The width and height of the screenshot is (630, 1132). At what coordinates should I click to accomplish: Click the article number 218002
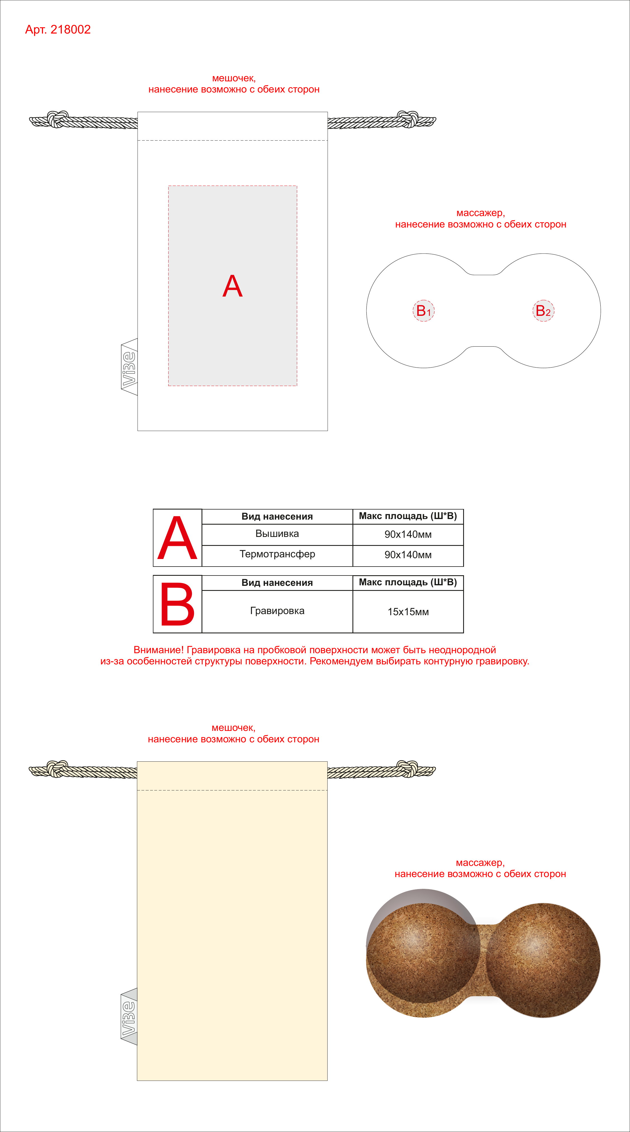(x=70, y=29)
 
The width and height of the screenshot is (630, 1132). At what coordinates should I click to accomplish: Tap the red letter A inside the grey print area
(x=232, y=286)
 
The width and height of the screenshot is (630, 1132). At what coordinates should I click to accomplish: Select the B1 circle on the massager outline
(x=423, y=311)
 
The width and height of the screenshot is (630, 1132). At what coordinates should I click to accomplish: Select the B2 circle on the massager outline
(x=543, y=311)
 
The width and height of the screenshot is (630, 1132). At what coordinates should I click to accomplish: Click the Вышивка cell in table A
(x=277, y=534)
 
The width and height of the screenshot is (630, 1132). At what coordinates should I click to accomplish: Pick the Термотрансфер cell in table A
(x=277, y=555)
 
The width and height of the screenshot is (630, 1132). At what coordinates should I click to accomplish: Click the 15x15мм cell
(x=408, y=612)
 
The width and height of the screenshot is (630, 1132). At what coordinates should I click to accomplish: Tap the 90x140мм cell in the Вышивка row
(x=408, y=534)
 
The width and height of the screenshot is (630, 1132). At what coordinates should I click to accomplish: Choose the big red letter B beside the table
(x=177, y=604)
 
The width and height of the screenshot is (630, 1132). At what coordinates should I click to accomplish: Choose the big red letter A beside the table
(x=177, y=538)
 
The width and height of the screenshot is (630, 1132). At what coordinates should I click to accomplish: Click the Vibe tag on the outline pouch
(x=129, y=367)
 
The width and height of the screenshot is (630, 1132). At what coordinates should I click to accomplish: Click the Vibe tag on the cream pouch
(x=129, y=1017)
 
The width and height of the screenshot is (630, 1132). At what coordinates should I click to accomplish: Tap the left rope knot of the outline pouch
(x=58, y=119)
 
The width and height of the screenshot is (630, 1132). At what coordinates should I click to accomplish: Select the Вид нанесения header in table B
(x=277, y=583)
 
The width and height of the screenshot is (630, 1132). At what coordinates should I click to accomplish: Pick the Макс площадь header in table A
(x=408, y=516)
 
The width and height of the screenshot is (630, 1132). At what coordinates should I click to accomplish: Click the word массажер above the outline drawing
(x=481, y=213)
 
